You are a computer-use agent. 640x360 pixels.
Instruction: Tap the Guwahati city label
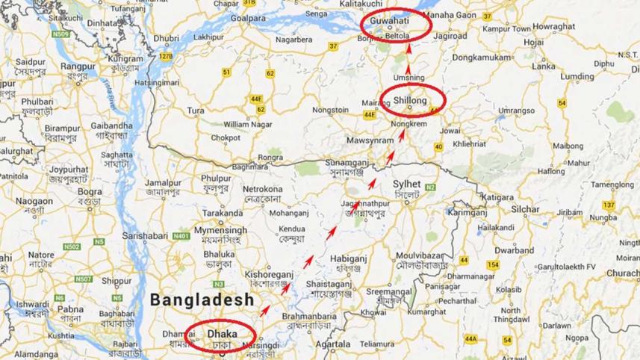tap(396, 22)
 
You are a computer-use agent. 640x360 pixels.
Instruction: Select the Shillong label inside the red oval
tap(410, 99)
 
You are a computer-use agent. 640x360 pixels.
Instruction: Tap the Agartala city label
tap(333, 345)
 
